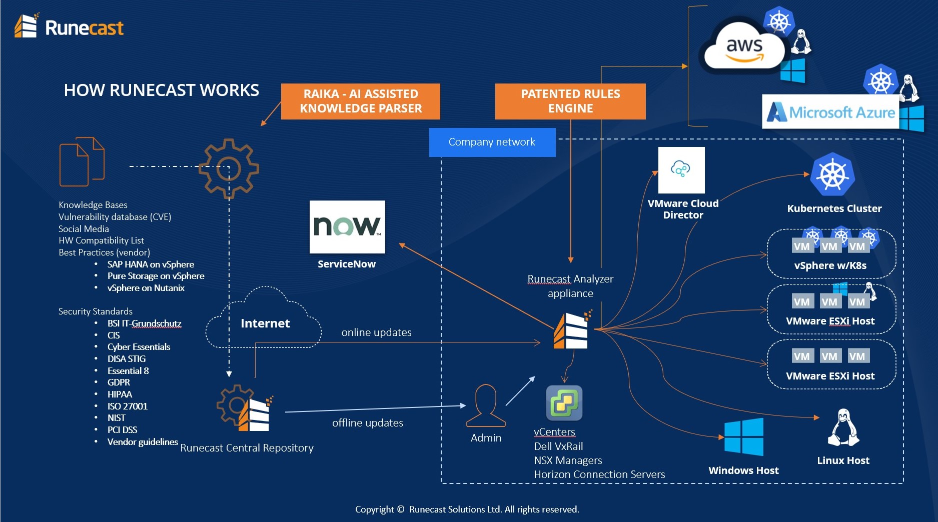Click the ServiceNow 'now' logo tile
347,226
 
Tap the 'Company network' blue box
492,142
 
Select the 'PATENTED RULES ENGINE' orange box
570,101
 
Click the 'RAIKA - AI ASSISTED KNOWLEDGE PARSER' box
360,101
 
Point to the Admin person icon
485,405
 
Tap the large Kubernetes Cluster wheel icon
832,174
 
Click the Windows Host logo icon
744,436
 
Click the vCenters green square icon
564,402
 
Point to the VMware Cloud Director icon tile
681,170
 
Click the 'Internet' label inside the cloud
265,323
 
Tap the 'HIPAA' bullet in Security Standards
120,394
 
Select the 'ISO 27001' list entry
128,406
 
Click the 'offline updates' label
368,423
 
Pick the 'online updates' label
376,332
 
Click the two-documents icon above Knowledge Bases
82,161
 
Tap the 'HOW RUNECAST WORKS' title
161,90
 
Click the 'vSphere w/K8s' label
830,265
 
